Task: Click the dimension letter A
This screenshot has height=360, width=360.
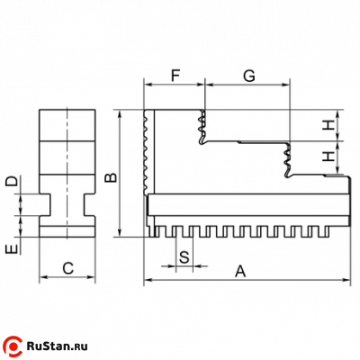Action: click(240, 271)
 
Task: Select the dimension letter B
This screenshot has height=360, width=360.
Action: click(111, 177)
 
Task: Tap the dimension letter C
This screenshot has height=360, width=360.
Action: click(68, 268)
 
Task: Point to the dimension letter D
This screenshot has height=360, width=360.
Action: click(12, 181)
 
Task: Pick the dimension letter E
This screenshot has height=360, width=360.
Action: click(12, 248)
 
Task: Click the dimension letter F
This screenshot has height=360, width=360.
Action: click(175, 76)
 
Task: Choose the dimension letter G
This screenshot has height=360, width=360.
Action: click(249, 76)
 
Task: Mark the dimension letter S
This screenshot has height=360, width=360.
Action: click(184, 257)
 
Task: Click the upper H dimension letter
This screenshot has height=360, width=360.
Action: click(328, 125)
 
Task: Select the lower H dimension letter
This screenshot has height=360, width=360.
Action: click(328, 156)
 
